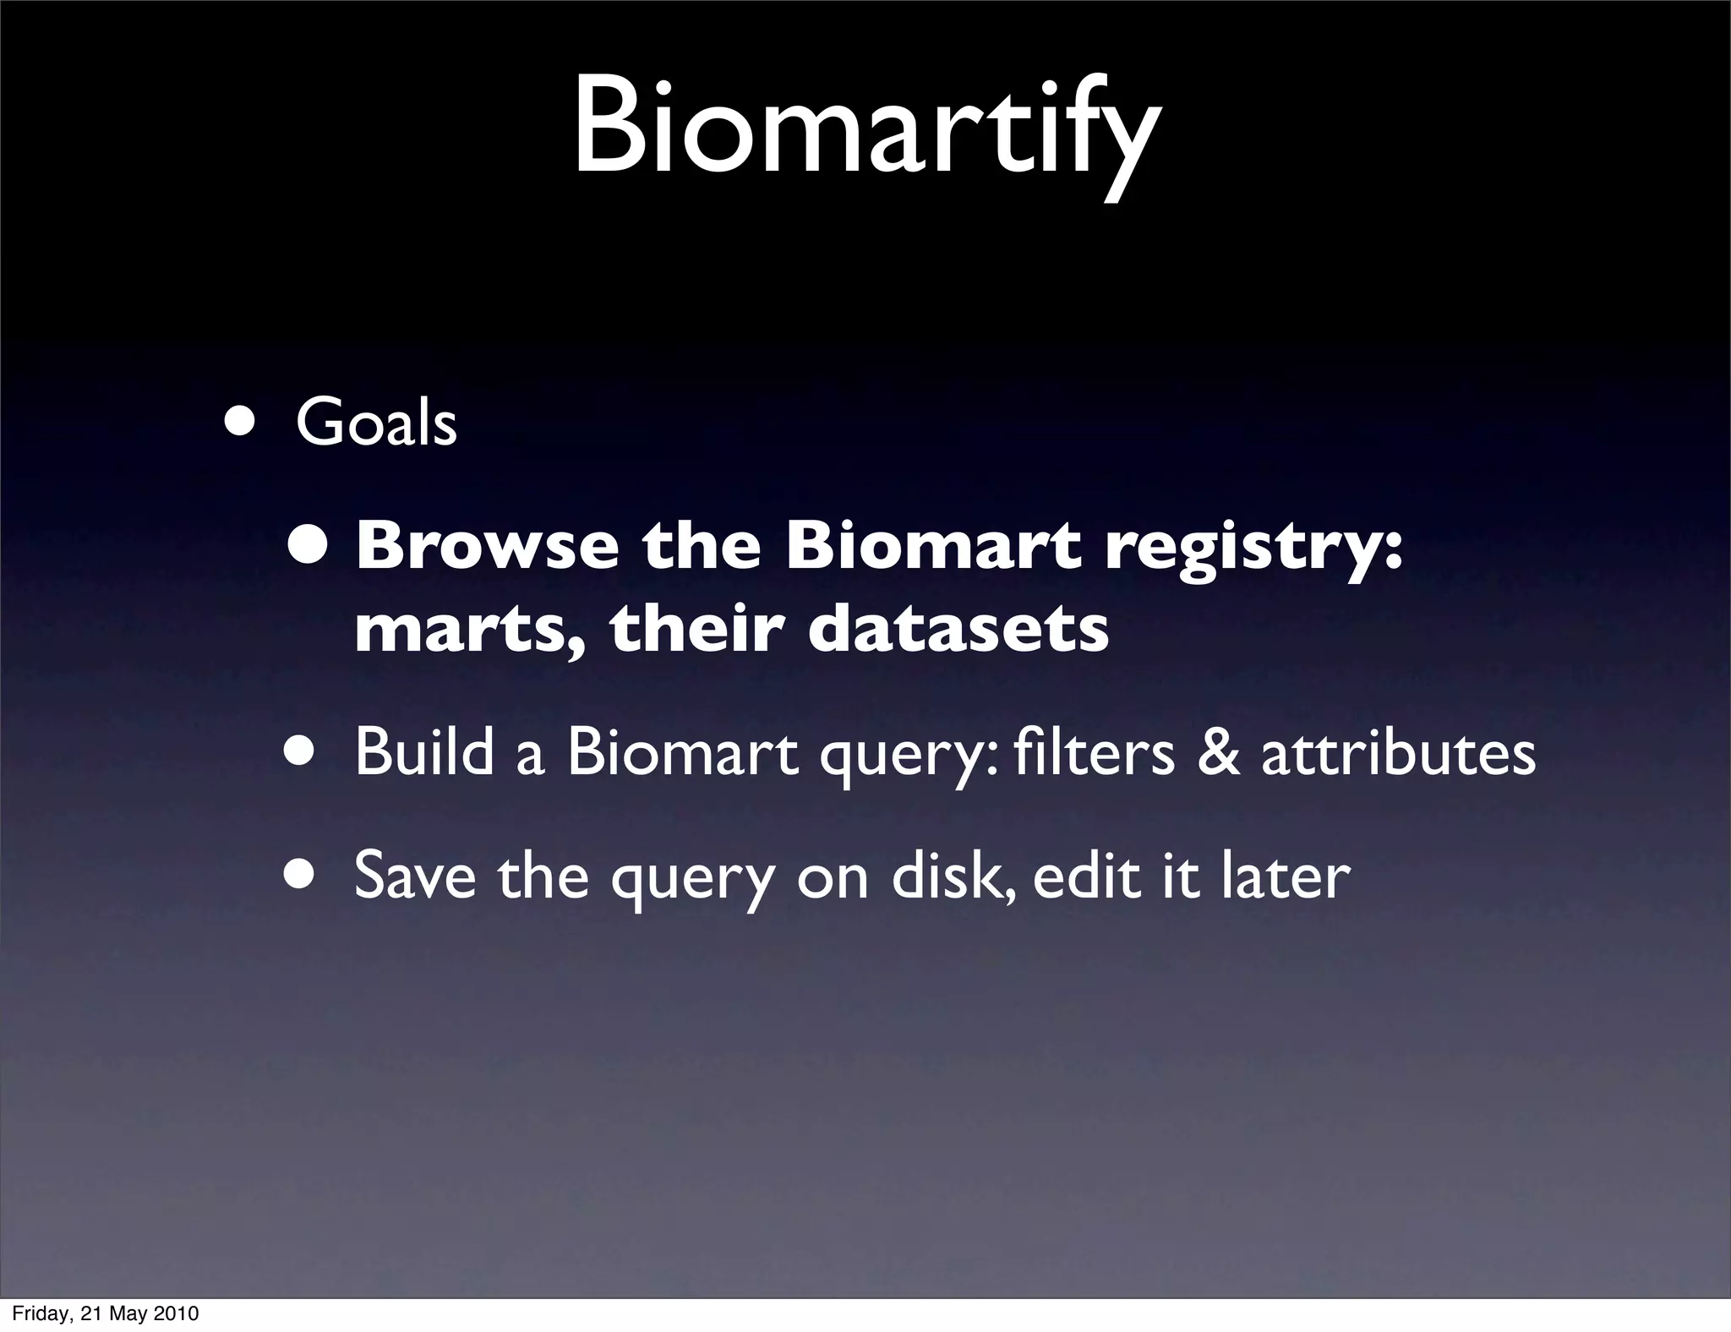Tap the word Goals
click(376, 423)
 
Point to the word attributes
click(1398, 752)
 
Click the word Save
click(415, 876)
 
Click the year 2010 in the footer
click(177, 1313)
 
